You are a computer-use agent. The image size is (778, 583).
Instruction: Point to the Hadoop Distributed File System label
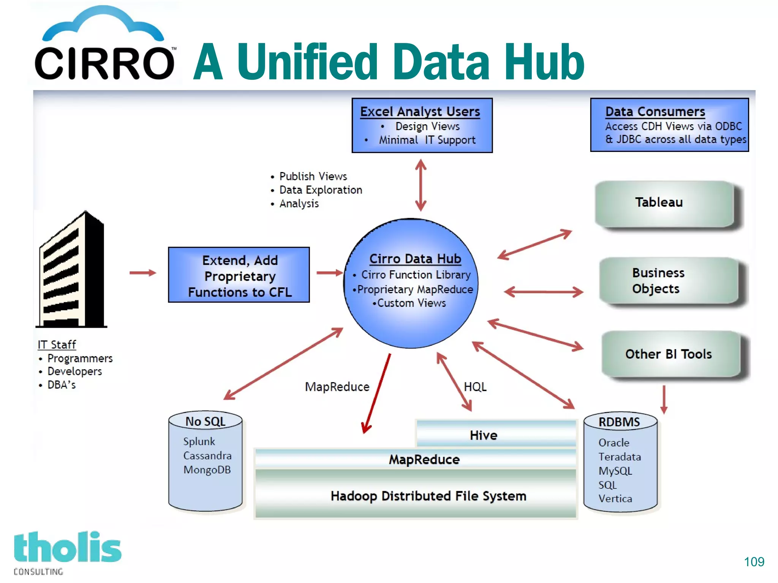point(428,496)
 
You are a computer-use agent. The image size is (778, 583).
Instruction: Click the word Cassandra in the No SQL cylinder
point(207,455)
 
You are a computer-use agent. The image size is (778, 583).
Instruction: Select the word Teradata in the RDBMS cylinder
point(620,457)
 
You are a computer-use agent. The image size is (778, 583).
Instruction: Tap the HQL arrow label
point(475,387)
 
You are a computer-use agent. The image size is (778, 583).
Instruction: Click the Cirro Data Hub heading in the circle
point(415,259)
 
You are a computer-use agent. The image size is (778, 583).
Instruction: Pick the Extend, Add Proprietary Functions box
point(239,275)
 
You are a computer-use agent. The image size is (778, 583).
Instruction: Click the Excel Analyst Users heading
point(420,112)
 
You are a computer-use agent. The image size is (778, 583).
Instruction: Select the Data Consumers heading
point(655,112)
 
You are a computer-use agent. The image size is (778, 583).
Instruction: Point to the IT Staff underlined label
point(57,344)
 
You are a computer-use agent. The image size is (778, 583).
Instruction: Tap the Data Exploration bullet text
point(320,190)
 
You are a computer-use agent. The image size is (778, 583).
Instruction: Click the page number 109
point(754,562)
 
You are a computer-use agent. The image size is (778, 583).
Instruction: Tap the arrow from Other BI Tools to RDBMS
point(664,399)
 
